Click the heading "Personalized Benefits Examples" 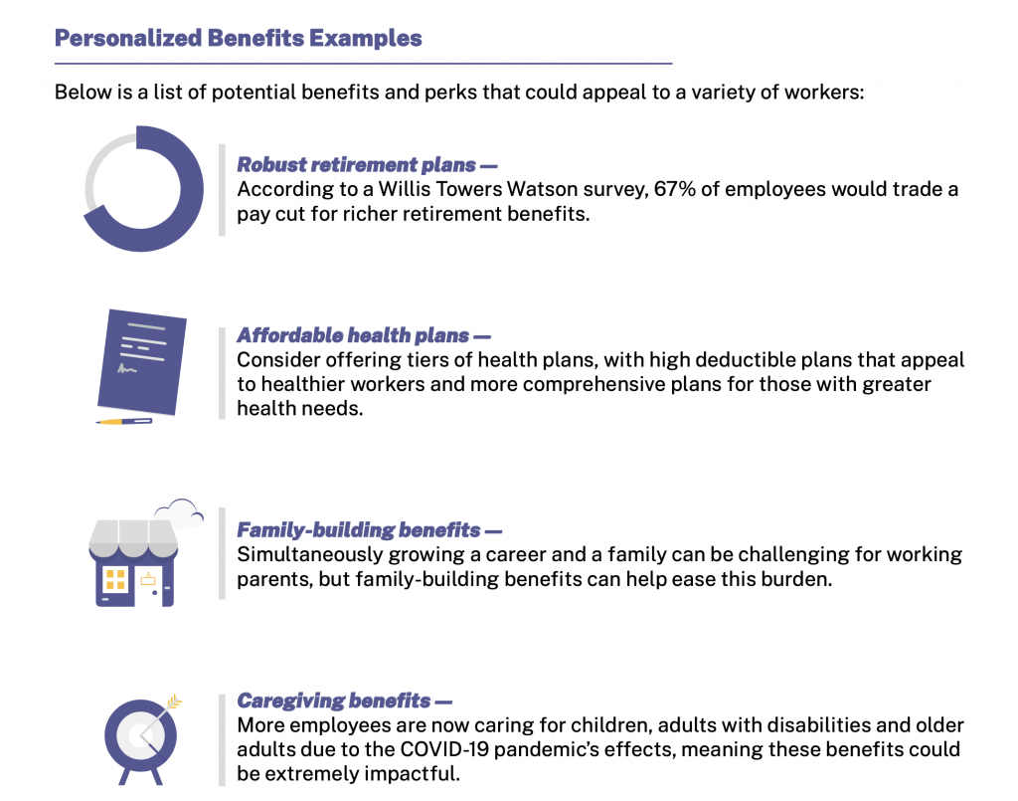pos(239,39)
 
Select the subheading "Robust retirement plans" pos(357,165)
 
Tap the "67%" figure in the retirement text pos(675,189)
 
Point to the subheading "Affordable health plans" pos(353,335)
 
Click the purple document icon pos(141,362)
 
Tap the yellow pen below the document pos(124,422)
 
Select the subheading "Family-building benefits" pos(358,530)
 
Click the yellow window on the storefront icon pos(115,579)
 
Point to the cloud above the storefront pos(180,513)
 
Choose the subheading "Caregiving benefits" pos(334,701)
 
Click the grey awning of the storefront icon pos(134,538)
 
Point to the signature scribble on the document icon pos(127,369)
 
